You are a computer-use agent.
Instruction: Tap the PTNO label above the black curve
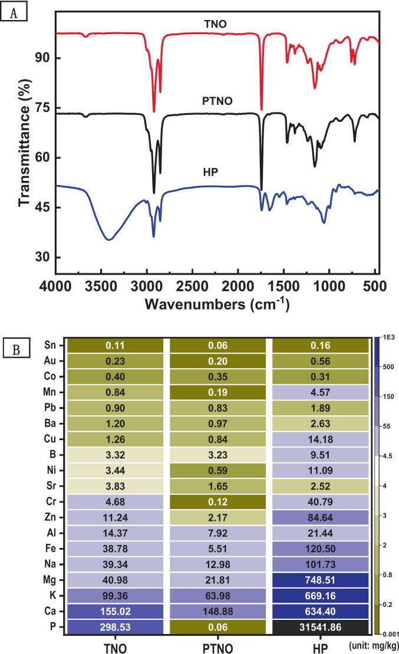point(217,101)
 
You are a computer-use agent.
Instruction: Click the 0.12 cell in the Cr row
point(217,500)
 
